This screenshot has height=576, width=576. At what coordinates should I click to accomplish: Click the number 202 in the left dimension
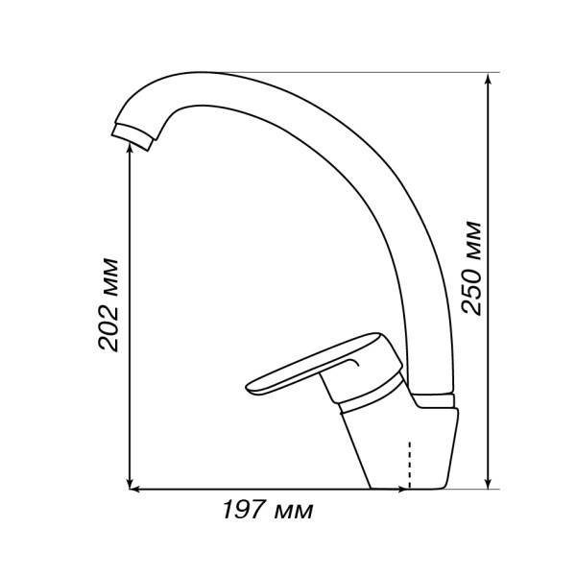coord(108,324)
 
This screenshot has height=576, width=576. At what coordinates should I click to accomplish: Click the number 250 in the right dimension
coord(471,288)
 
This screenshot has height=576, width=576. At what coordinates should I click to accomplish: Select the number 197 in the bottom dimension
coord(244,510)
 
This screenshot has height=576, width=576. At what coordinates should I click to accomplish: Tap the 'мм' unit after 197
coord(294,512)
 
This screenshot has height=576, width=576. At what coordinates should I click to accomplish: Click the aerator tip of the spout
coord(132,136)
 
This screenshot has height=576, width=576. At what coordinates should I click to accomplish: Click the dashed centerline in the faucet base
coord(409,465)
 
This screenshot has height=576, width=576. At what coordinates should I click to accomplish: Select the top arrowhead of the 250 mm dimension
coord(488,78)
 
